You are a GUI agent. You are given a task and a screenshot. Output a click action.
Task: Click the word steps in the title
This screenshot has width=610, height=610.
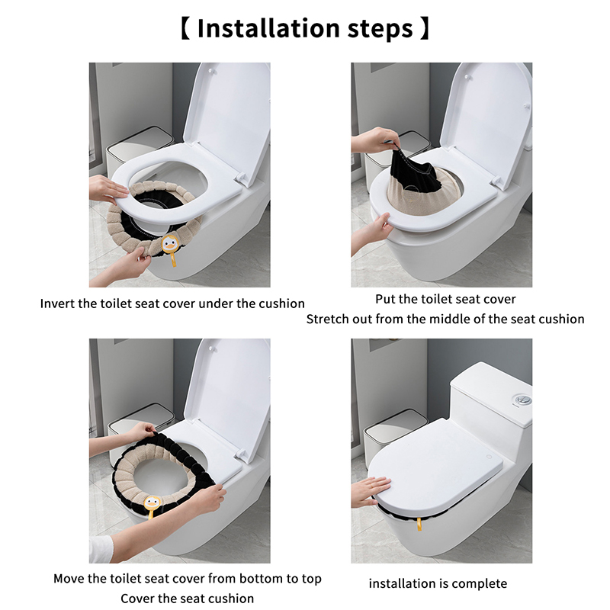[x=380, y=29]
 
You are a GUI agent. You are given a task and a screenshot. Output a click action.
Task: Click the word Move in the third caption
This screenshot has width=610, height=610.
[x=69, y=579]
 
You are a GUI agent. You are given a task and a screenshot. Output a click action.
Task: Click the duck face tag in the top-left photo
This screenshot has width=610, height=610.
[x=169, y=244]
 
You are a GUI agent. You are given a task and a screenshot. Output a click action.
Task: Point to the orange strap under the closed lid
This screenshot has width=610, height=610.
[x=419, y=524]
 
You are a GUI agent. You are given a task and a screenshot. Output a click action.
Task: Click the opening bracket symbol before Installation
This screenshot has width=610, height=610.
[x=186, y=28]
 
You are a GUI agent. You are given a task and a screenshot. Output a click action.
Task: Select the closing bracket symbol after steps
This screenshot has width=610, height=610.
[x=425, y=28]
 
